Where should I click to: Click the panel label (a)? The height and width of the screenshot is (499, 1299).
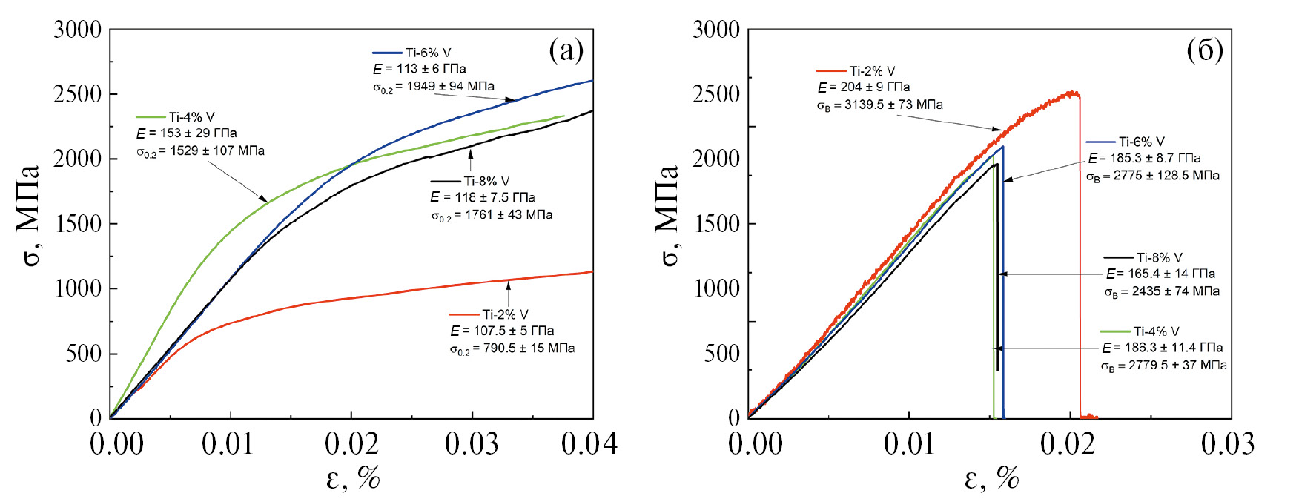click(566, 50)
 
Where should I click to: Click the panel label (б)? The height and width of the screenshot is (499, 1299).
click(1205, 50)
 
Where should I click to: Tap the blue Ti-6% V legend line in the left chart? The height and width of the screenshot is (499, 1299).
click(386, 53)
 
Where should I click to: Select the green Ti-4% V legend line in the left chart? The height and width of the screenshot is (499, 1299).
click(151, 117)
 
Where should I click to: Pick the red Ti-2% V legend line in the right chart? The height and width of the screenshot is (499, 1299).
click(831, 71)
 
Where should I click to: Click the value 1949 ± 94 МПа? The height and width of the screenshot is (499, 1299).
click(450, 87)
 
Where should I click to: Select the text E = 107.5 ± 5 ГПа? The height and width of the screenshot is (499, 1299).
click(502, 331)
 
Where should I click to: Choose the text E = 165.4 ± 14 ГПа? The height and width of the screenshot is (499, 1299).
click(1160, 274)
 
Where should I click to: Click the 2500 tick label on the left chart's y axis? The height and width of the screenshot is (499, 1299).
click(77, 94)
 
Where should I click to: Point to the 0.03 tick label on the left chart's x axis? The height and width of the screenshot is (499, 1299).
click(472, 444)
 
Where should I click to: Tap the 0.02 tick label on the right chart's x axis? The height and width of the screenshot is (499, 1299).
click(1068, 444)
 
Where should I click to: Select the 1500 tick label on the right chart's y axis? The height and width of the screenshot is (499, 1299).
click(715, 224)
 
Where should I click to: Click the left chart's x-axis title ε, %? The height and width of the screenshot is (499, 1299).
click(353, 478)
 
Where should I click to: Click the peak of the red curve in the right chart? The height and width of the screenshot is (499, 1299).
click(1071, 93)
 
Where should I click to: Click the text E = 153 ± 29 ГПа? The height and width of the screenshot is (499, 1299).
click(186, 133)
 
